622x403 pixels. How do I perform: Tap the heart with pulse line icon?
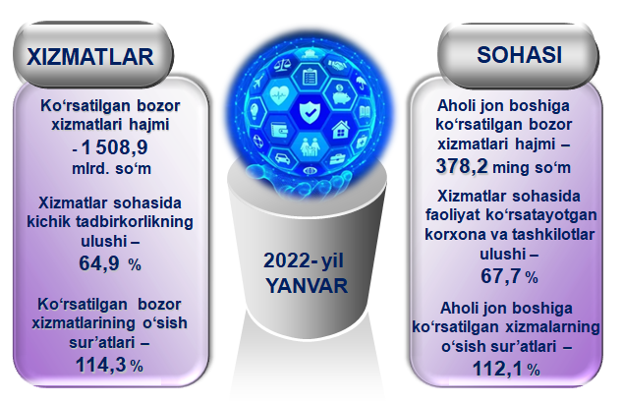[280, 95]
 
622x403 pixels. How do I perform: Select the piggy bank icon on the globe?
[339, 95]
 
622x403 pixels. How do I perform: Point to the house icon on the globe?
[340, 130]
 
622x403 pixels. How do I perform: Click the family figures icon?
[311, 146]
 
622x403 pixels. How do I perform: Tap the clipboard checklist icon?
[310, 76]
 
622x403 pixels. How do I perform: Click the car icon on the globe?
[282, 158]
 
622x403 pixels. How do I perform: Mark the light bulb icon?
[254, 111]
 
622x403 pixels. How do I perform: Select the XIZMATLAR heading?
[90, 57]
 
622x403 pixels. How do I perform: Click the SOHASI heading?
[519, 55]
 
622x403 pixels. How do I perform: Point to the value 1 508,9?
[114, 147]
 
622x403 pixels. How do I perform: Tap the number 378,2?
[462, 166]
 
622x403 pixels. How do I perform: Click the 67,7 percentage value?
[502, 276]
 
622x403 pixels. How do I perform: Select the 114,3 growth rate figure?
[101, 365]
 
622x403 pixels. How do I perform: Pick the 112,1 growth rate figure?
[497, 370]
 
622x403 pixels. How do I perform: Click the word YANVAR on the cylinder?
[307, 286]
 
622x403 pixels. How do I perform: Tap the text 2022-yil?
[304, 261]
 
